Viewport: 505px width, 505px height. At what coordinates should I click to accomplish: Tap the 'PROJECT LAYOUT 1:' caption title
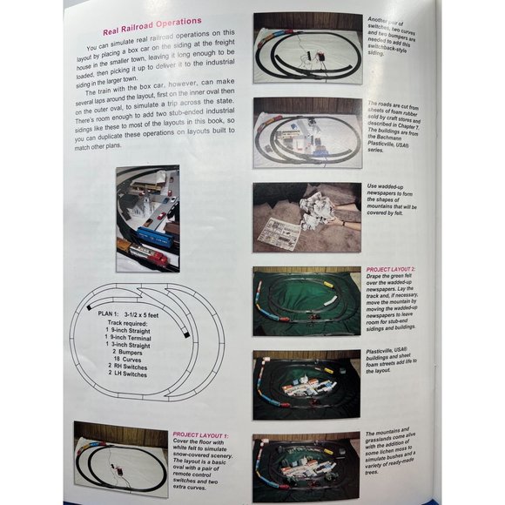(199, 434)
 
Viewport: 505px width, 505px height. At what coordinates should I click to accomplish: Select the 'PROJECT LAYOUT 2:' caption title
(394, 270)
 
